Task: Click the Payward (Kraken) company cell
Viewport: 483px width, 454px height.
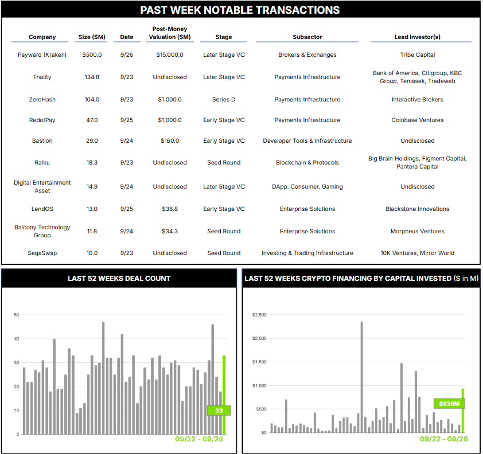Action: pyautogui.click(x=42, y=55)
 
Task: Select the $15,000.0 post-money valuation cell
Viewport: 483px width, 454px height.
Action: pyautogui.click(x=169, y=55)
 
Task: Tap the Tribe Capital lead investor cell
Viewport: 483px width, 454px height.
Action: pyautogui.click(x=418, y=55)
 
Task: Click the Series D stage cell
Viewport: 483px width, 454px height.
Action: pyautogui.click(x=224, y=100)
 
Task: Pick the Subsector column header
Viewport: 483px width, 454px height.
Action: pyautogui.click(x=307, y=37)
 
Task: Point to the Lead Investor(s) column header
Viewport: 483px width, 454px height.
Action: pyautogui.click(x=418, y=37)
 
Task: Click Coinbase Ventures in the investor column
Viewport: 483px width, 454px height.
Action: pyautogui.click(x=418, y=120)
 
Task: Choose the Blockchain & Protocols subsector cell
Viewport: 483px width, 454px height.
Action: pyautogui.click(x=307, y=163)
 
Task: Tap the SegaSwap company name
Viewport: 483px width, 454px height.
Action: pyautogui.click(x=42, y=253)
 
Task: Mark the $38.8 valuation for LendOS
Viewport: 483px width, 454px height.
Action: pyautogui.click(x=169, y=209)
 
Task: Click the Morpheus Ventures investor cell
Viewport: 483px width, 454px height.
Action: pyautogui.click(x=418, y=232)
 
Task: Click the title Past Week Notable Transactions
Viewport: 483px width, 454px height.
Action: pyautogui.click(x=240, y=10)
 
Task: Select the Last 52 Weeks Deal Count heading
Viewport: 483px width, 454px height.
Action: pyautogui.click(x=119, y=279)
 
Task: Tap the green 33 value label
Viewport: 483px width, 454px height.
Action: pyautogui.click(x=219, y=410)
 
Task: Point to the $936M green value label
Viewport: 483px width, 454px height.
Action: pyautogui.click(x=449, y=404)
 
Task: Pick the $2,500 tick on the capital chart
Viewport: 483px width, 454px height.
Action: pyautogui.click(x=260, y=315)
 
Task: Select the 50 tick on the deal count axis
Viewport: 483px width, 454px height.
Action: pyautogui.click(x=16, y=315)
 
